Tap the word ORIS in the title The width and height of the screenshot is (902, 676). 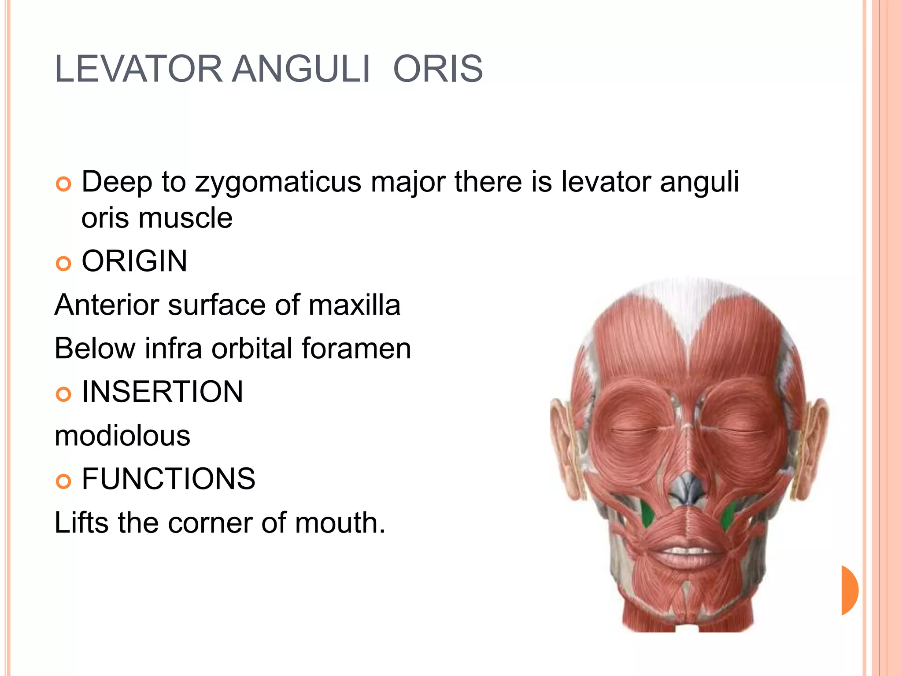[438, 69]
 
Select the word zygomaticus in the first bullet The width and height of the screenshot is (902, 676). [278, 182]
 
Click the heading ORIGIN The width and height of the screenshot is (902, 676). [134, 261]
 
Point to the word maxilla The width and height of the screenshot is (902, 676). [354, 305]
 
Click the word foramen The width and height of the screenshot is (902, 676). [356, 348]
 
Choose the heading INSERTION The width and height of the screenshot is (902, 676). [162, 391]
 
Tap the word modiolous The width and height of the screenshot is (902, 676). [122, 436]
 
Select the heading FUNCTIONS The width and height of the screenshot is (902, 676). [168, 479]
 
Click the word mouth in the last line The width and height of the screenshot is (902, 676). [340, 522]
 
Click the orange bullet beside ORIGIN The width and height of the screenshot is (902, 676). [64, 264]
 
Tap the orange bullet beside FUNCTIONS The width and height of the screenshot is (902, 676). [64, 481]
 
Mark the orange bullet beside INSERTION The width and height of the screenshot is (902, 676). [64, 394]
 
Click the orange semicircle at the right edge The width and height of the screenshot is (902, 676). [849, 590]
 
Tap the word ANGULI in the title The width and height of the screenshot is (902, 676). [301, 69]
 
